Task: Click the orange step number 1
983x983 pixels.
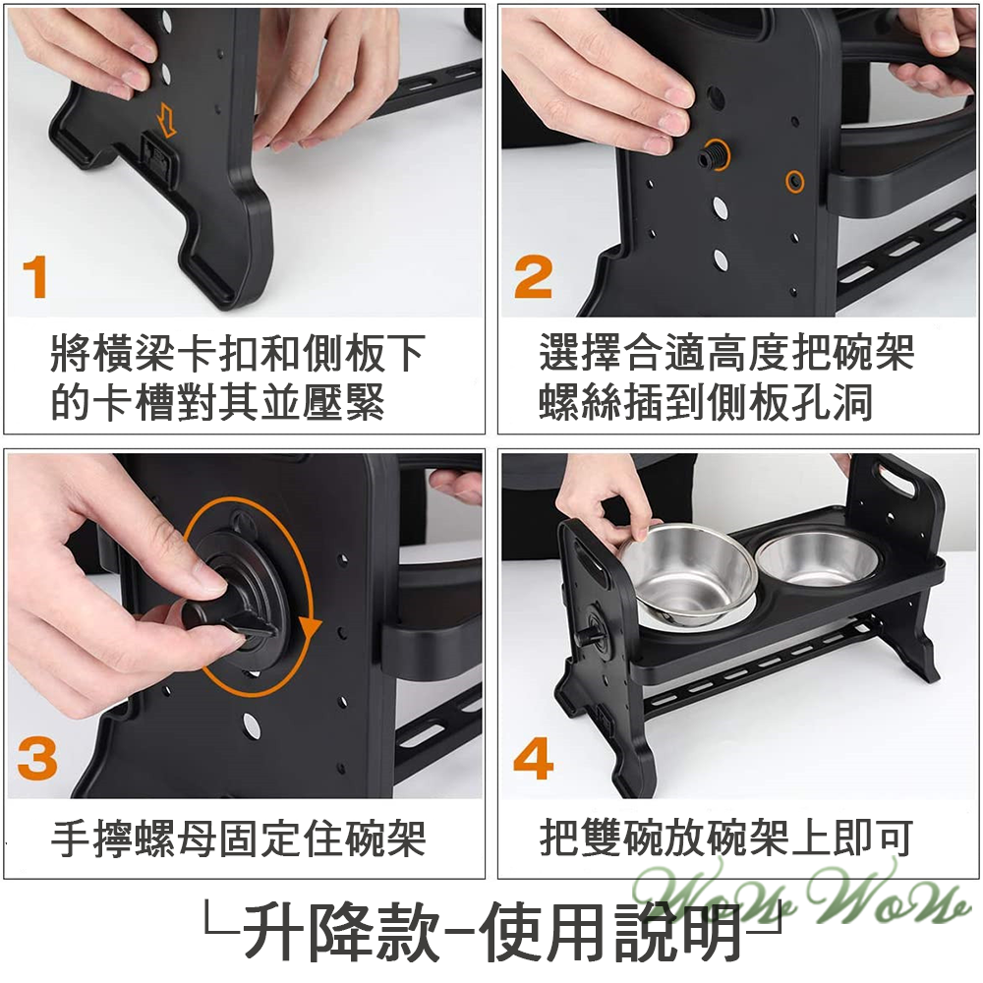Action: coord(36,277)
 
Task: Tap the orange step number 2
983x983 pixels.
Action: coord(533,277)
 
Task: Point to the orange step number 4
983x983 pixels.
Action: coord(534,759)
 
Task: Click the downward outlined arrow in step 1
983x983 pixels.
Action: coord(166,121)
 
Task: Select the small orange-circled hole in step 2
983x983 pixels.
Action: coord(794,181)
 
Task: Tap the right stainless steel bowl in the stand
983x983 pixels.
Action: coord(817,557)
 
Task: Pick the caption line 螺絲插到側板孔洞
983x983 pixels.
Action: coord(706,403)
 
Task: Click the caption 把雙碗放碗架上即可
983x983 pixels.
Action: coord(725,839)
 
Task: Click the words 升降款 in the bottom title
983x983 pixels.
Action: coord(339,931)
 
